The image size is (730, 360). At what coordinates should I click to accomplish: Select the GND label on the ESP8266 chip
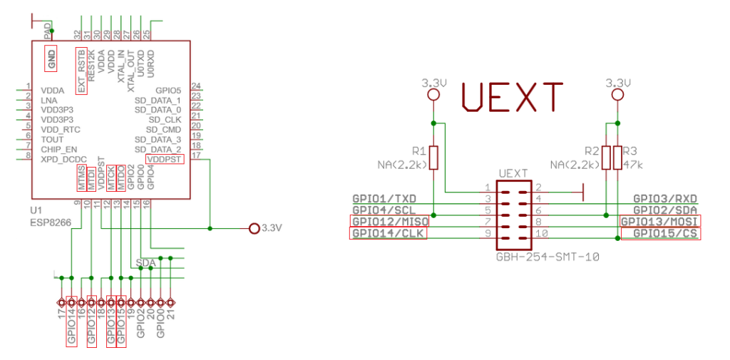click(x=51, y=58)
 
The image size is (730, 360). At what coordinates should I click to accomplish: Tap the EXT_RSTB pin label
click(x=81, y=71)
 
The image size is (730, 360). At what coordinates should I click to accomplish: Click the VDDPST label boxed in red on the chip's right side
click(x=164, y=160)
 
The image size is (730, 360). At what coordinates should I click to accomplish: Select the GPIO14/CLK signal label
click(x=387, y=233)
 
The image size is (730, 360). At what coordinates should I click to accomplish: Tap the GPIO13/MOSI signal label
click(x=659, y=221)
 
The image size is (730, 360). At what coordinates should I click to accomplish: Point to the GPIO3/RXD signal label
click(x=665, y=198)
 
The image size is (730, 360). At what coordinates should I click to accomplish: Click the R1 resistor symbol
click(x=433, y=158)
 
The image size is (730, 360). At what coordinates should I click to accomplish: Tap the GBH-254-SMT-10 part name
click(x=547, y=254)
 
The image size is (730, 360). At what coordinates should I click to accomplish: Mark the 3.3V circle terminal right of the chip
click(x=253, y=228)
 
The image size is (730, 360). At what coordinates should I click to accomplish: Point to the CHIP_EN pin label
click(x=58, y=150)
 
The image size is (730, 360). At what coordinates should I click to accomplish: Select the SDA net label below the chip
click(x=145, y=262)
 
